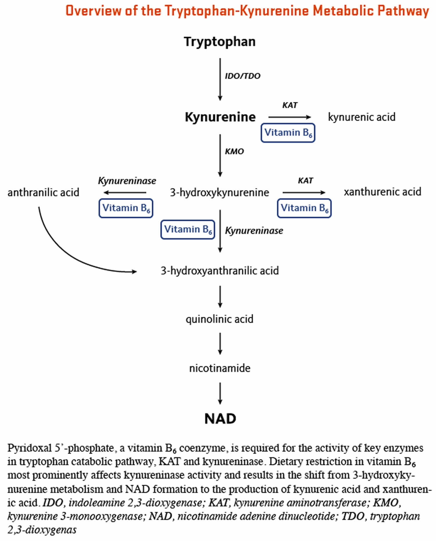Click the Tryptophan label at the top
220,42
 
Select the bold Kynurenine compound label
220,117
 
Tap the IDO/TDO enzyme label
242,76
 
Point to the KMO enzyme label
234,151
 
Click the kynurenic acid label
362,117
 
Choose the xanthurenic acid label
383,192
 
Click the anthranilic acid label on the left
43,192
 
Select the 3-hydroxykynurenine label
219,192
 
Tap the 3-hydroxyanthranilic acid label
220,271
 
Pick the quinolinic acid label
219,319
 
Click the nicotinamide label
220,368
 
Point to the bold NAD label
220,418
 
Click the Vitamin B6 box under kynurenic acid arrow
288,133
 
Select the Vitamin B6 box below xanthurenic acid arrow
304,208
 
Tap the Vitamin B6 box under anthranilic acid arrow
126,208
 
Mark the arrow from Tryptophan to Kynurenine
220,79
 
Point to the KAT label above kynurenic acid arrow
290,105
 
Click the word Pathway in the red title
403,11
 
